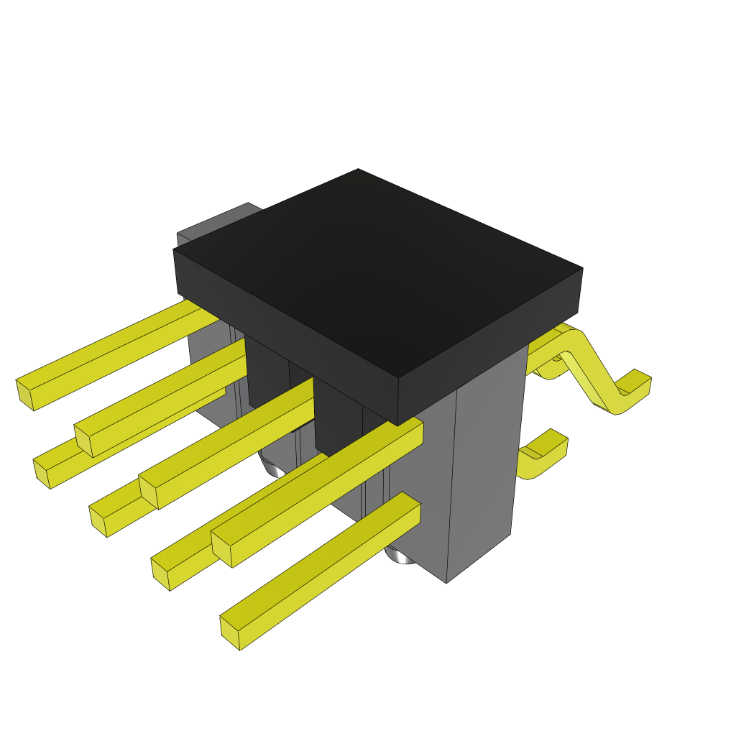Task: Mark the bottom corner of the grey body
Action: (446, 581)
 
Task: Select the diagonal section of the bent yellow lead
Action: (593, 374)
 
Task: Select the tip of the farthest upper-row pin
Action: (25, 395)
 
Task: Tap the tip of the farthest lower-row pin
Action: (42, 473)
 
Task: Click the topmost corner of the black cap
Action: (358, 170)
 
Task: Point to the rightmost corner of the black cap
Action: (581, 270)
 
